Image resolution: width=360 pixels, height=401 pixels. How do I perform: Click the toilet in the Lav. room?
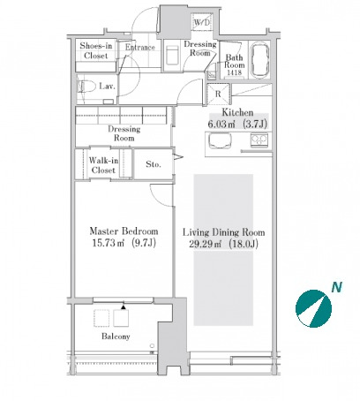[87, 87]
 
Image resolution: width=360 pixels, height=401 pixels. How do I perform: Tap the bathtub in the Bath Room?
[259, 60]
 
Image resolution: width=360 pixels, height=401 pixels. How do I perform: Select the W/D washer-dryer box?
[201, 21]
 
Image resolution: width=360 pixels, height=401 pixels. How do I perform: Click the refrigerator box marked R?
[218, 95]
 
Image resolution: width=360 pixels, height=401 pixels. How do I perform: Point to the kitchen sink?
[220, 140]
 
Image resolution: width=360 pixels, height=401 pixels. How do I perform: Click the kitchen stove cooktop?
[259, 140]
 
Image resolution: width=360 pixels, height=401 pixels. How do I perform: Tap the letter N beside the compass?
[337, 287]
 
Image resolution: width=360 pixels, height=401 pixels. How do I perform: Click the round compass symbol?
[313, 308]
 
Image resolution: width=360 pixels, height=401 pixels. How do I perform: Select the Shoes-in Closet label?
[96, 50]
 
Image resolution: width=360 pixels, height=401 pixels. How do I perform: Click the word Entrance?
[140, 47]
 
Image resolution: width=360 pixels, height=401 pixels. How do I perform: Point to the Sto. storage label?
[154, 164]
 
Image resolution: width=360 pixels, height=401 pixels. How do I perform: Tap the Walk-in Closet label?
[103, 165]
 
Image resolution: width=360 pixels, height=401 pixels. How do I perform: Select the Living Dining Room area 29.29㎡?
[204, 245]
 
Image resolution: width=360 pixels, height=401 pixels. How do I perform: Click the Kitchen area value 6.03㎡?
[221, 125]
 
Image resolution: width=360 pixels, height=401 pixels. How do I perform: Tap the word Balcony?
[116, 337]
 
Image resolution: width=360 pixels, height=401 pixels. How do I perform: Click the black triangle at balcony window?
[124, 307]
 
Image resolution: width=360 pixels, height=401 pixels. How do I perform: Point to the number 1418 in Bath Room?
[235, 72]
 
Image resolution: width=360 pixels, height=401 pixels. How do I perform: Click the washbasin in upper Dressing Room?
[171, 55]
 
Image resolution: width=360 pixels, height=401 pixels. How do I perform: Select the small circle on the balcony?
[152, 346]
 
